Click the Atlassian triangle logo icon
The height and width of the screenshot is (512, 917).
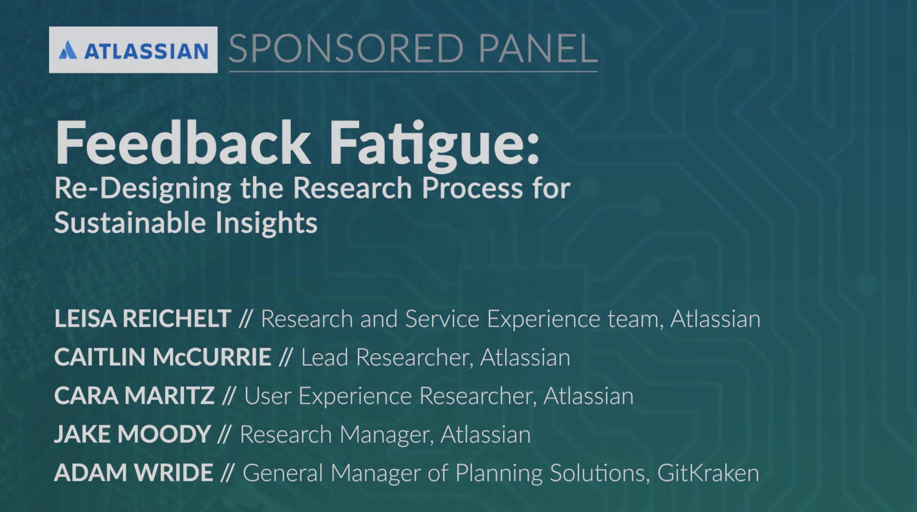[x=68, y=50]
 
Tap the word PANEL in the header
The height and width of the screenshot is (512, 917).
[x=538, y=48]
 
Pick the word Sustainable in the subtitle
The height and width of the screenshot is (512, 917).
[x=130, y=222]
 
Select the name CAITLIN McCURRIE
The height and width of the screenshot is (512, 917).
[x=163, y=357]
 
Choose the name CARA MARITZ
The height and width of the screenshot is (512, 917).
[x=135, y=396]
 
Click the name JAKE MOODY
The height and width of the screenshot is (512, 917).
[x=132, y=434]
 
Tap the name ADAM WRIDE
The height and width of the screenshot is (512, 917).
[x=133, y=473]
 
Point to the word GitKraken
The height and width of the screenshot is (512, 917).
[x=708, y=473]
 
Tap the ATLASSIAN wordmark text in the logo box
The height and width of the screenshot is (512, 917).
[x=146, y=51]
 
